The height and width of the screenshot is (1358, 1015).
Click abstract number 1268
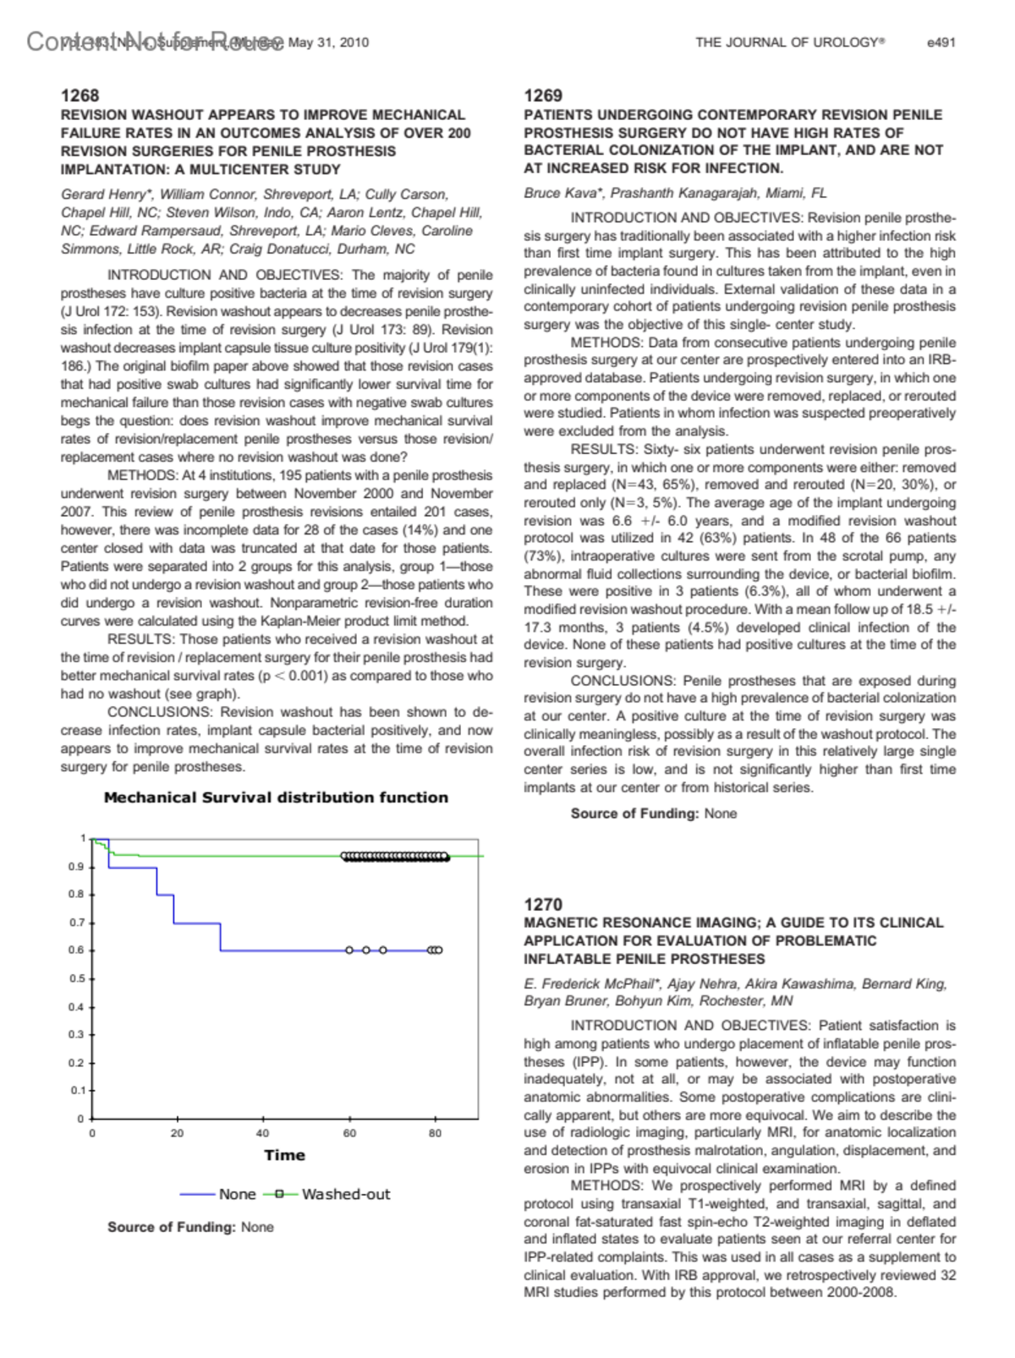point(80,96)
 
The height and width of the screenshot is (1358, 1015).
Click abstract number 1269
point(543,96)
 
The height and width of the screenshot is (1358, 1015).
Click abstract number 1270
point(543,904)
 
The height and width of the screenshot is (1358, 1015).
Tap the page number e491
point(941,42)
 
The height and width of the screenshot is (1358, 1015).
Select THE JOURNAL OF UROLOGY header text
point(789,42)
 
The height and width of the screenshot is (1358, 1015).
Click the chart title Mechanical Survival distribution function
point(276,797)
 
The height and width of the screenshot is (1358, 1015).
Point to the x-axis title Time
point(284,1155)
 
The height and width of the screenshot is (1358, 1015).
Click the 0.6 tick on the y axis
point(76,950)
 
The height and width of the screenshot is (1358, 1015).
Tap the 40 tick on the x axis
point(263,1133)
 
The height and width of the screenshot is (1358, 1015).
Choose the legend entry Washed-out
point(345,1194)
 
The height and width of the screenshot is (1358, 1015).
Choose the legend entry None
point(237,1194)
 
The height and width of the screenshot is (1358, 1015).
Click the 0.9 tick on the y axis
point(76,867)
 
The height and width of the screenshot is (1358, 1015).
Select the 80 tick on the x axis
point(435,1133)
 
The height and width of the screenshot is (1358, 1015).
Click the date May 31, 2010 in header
point(328,42)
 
